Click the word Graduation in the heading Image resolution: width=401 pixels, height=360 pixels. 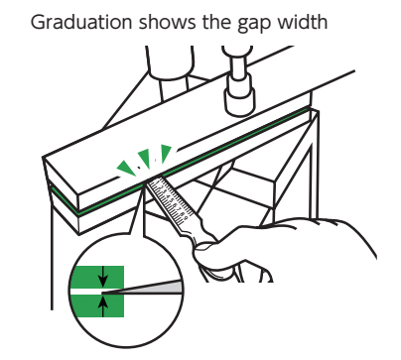pos(81,22)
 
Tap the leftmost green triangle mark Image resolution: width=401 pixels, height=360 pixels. pos(127,168)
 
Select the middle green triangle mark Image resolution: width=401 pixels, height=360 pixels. pos(145,158)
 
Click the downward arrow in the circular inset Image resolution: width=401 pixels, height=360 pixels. pos(103,277)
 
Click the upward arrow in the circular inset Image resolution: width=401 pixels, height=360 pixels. pos(103,306)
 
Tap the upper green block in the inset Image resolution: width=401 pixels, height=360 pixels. pos(97,277)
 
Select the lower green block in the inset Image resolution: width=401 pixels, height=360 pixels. pos(97,306)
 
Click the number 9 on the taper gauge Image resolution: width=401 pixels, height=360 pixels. pos(186,219)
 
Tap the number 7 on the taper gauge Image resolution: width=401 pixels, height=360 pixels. pos(179,209)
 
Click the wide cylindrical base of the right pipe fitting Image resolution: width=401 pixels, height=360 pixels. pos(240,99)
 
